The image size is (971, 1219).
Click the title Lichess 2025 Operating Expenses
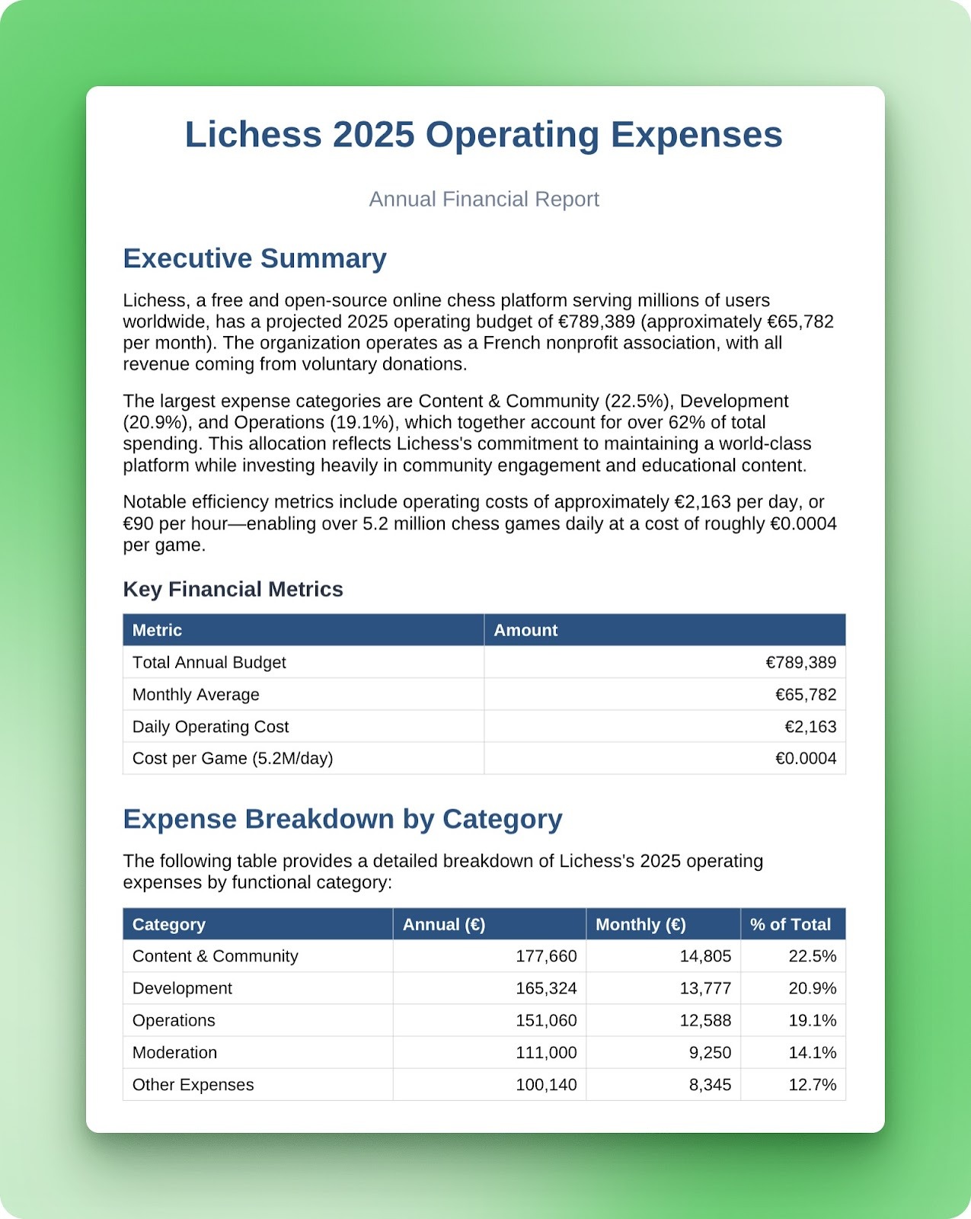[484, 135]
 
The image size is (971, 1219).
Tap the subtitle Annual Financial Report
[484, 200]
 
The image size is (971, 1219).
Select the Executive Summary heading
[254, 259]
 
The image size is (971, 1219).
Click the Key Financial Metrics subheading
[233, 590]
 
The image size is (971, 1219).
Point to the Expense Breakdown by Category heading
[343, 819]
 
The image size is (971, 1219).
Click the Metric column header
[157, 630]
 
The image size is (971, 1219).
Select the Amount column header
[525, 630]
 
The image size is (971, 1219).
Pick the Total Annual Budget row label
[209, 663]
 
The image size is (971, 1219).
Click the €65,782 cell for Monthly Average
[806, 695]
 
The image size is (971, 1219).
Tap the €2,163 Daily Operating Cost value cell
[810, 727]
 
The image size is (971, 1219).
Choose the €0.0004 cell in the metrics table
[806, 759]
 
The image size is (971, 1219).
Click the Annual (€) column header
[444, 925]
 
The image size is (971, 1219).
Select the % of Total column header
[791, 925]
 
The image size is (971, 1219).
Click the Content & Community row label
[216, 957]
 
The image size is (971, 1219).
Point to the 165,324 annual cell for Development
[546, 989]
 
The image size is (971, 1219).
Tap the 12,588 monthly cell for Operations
[705, 1021]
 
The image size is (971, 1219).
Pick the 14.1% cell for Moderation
[812, 1053]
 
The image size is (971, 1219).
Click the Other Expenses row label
[193, 1085]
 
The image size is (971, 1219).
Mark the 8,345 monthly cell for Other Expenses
[710, 1085]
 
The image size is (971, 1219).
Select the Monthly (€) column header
[640, 925]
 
